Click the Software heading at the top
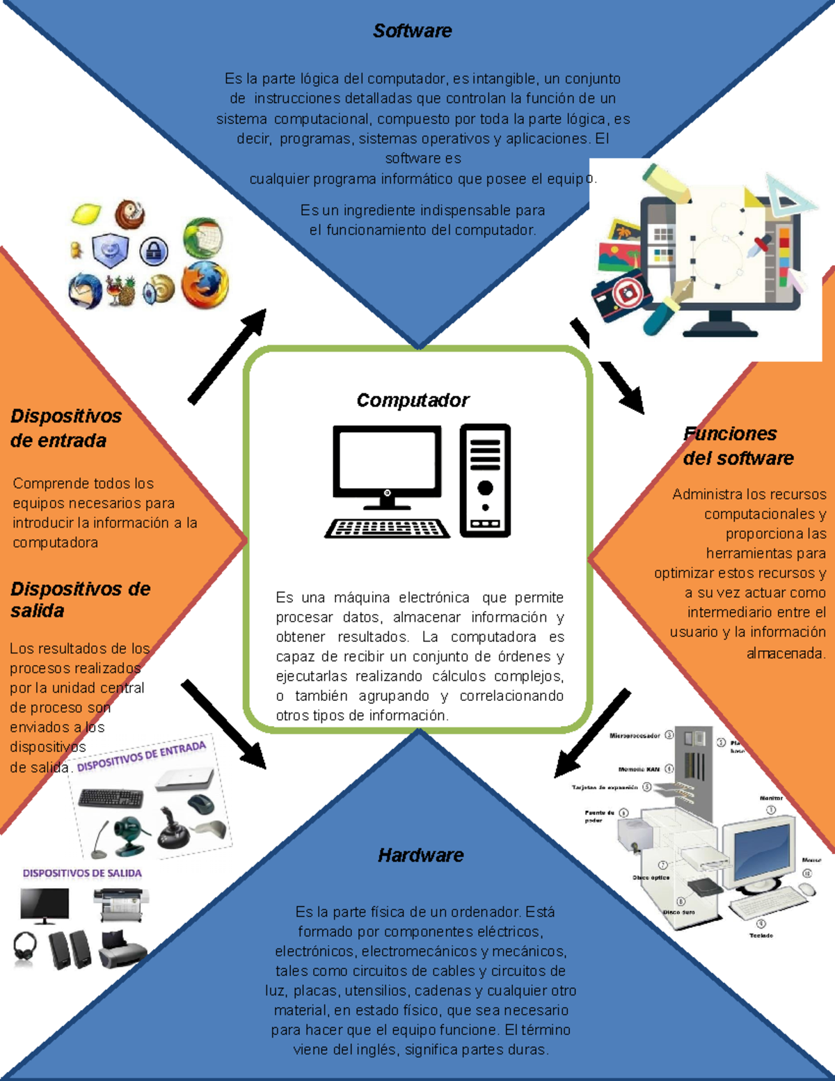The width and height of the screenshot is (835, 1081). tap(412, 31)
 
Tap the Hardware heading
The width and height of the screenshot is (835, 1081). tap(420, 855)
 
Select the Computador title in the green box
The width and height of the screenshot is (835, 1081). tap(413, 400)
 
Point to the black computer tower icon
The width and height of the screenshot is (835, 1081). tap(485, 480)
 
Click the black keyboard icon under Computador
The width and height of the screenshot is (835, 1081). tap(388, 528)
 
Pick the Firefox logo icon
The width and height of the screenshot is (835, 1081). tap(205, 284)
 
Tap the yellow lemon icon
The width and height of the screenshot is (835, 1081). tap(86, 214)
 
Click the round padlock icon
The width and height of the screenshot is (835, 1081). tap(154, 251)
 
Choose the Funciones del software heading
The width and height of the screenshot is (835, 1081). tap(738, 445)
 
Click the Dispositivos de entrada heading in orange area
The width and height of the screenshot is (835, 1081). tap(65, 428)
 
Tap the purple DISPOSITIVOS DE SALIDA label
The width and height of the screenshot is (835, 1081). tap(82, 873)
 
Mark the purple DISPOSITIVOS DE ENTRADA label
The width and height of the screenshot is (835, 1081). tap(141, 757)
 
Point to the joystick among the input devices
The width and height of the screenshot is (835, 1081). tap(170, 828)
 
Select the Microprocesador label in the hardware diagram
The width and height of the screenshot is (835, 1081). tap(634, 735)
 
